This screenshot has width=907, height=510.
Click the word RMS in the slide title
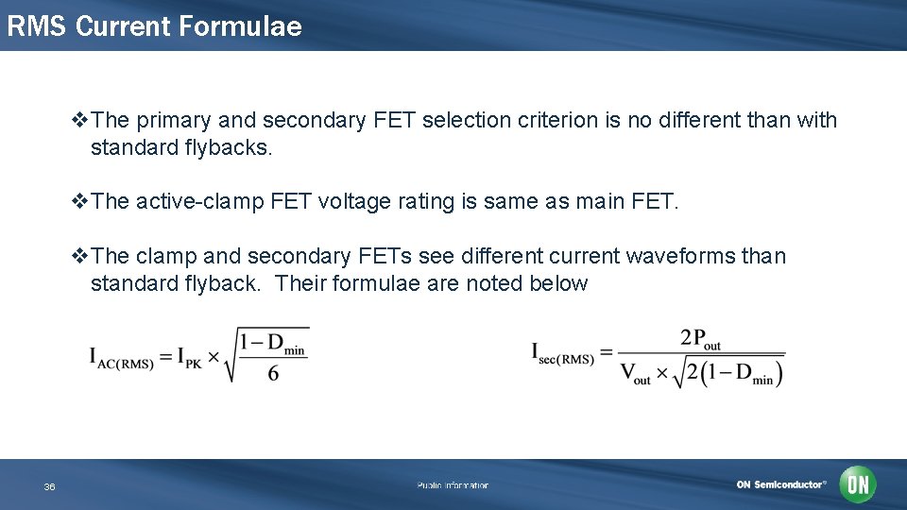click(37, 26)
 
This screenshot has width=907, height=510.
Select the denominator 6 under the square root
click(273, 372)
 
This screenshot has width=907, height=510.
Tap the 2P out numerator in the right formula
click(700, 339)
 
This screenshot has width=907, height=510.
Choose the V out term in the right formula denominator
click(635, 374)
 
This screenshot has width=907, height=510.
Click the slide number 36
click(49, 486)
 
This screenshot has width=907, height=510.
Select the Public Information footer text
click(453, 485)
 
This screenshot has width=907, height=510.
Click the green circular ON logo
click(858, 484)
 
